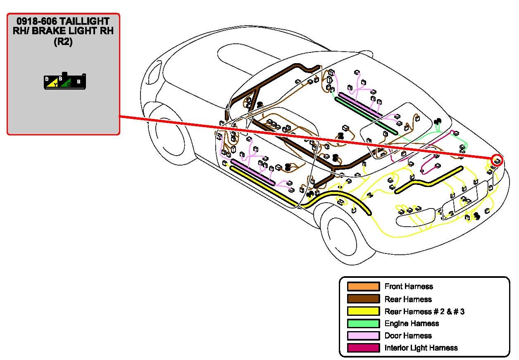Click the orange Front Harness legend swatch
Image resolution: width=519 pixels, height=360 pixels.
pyautogui.click(x=363, y=287)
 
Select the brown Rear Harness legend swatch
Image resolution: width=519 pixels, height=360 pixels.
pyautogui.click(x=363, y=299)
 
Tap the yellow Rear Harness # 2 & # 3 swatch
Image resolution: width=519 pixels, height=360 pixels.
pyautogui.click(x=363, y=311)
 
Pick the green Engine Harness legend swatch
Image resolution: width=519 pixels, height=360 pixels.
pyautogui.click(x=363, y=323)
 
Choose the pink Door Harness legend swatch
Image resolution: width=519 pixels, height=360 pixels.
pyautogui.click(x=363, y=336)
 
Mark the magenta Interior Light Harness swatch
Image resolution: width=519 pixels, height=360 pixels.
pyautogui.click(x=363, y=348)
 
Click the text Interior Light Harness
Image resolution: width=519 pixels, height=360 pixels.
pyautogui.click(x=421, y=348)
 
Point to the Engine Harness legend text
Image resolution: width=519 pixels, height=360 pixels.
pyautogui.click(x=411, y=323)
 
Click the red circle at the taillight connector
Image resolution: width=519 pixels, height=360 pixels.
pyautogui.click(x=497, y=160)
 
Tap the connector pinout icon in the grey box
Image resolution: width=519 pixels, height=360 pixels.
pyautogui.click(x=65, y=82)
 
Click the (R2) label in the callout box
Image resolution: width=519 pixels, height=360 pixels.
pyautogui.click(x=63, y=42)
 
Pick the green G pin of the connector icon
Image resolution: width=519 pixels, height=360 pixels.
pyautogui.click(x=68, y=84)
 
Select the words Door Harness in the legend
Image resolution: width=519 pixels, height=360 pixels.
pyautogui.click(x=408, y=336)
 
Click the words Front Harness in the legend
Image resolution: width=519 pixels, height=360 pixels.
pyautogui.click(x=408, y=287)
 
